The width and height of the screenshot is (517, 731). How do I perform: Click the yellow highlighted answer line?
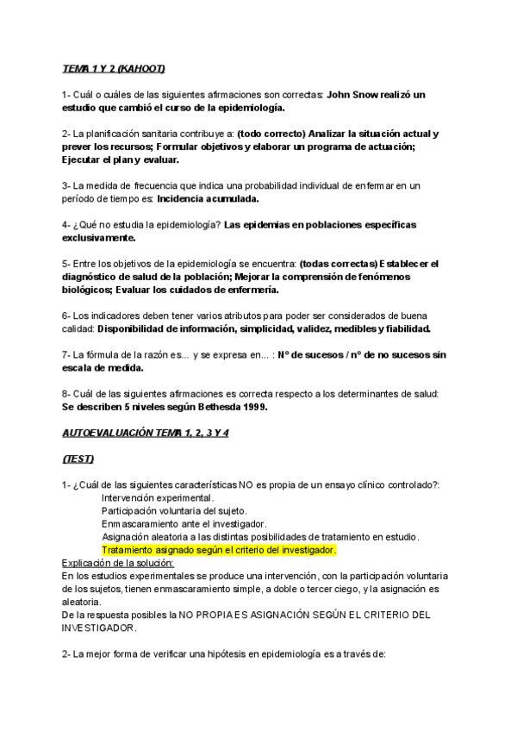coord(218,550)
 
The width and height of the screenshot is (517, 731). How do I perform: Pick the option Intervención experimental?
coord(158,498)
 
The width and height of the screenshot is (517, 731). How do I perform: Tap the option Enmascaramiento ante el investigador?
coord(184,524)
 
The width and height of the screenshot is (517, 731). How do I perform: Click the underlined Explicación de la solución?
coord(118,563)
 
